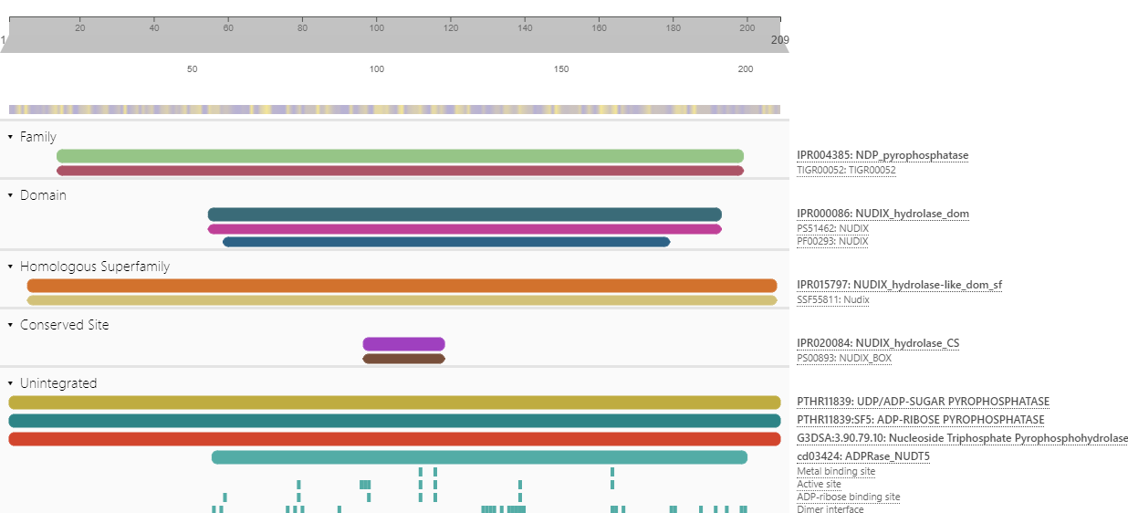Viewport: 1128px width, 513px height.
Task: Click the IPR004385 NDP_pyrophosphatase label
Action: click(x=882, y=155)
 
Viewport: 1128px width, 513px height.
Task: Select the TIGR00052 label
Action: click(x=846, y=170)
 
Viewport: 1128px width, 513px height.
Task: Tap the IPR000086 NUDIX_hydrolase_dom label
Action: click(x=883, y=214)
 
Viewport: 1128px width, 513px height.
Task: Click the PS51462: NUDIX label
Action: click(x=832, y=228)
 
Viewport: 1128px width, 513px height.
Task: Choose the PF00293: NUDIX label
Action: click(x=832, y=241)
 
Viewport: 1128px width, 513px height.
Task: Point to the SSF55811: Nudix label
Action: click(x=833, y=299)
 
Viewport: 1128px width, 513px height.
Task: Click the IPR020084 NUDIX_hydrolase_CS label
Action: click(x=878, y=343)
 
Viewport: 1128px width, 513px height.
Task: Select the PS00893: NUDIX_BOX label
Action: click(x=844, y=358)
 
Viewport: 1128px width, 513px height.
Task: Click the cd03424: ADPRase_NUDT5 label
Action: click(x=863, y=456)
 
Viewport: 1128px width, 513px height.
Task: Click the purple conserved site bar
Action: click(x=403, y=344)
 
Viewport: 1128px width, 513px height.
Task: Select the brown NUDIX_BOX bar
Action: click(x=403, y=359)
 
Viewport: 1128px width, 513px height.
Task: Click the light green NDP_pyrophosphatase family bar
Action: click(x=400, y=156)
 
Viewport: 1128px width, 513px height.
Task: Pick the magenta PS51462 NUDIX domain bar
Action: click(x=465, y=229)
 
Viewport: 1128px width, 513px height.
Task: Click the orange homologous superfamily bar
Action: click(x=402, y=286)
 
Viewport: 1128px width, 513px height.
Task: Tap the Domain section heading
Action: click(x=43, y=195)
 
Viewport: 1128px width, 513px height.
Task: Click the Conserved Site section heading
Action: click(x=64, y=325)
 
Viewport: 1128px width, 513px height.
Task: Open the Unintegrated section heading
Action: click(x=57, y=383)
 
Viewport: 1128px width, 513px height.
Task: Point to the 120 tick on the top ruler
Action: click(x=451, y=28)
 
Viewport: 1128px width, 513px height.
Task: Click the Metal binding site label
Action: click(x=836, y=471)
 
